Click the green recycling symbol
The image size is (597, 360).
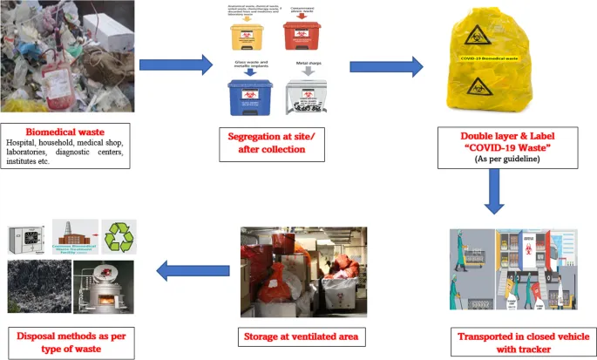point(119,237)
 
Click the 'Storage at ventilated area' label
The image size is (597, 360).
point(302,336)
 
